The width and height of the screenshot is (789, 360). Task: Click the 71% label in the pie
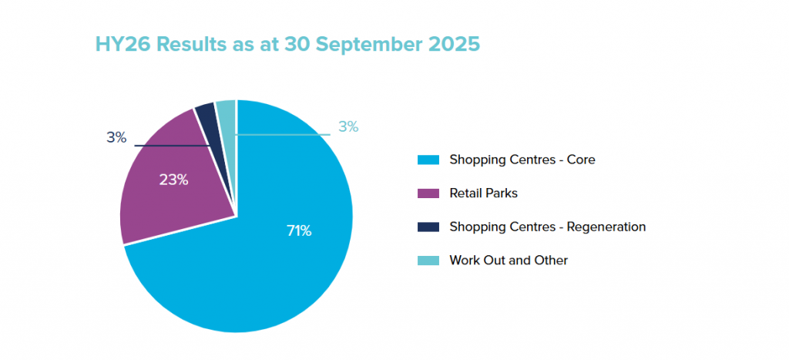click(298, 230)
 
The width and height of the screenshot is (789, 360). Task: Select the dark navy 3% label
click(116, 137)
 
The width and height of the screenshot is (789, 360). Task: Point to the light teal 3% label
click(348, 126)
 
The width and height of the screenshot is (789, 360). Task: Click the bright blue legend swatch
click(428, 160)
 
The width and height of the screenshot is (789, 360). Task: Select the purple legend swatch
click(428, 193)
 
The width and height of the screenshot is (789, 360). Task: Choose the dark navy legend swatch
click(428, 227)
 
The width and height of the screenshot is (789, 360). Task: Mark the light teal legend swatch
click(428, 261)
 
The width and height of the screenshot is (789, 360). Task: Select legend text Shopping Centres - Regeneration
click(547, 227)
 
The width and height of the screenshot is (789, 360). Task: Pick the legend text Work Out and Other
click(509, 261)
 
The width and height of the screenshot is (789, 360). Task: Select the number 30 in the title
click(293, 44)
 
